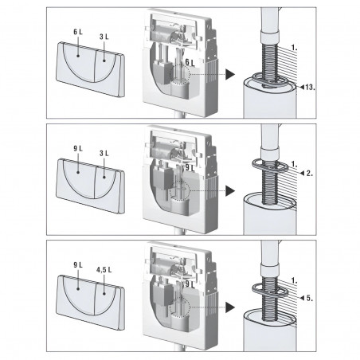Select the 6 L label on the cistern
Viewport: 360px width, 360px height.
click(190, 62)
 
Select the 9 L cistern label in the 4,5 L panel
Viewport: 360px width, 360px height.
click(190, 282)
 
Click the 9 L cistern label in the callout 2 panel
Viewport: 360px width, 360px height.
click(190, 168)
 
